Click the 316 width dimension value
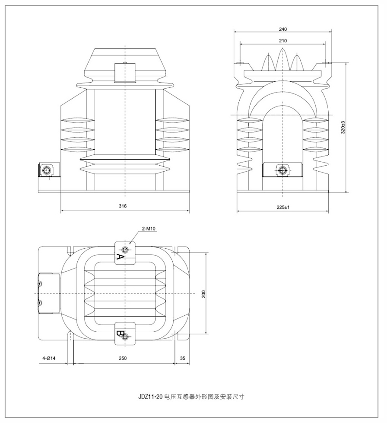point(123,206)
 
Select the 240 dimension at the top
point(283,29)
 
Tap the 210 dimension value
point(283,40)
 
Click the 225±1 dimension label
point(283,207)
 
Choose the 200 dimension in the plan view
point(203,294)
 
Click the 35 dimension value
point(182,358)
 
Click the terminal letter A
point(121,258)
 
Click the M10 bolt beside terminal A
point(125,250)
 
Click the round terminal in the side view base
point(283,170)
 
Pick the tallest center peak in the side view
point(283,54)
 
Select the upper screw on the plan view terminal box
point(40,284)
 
